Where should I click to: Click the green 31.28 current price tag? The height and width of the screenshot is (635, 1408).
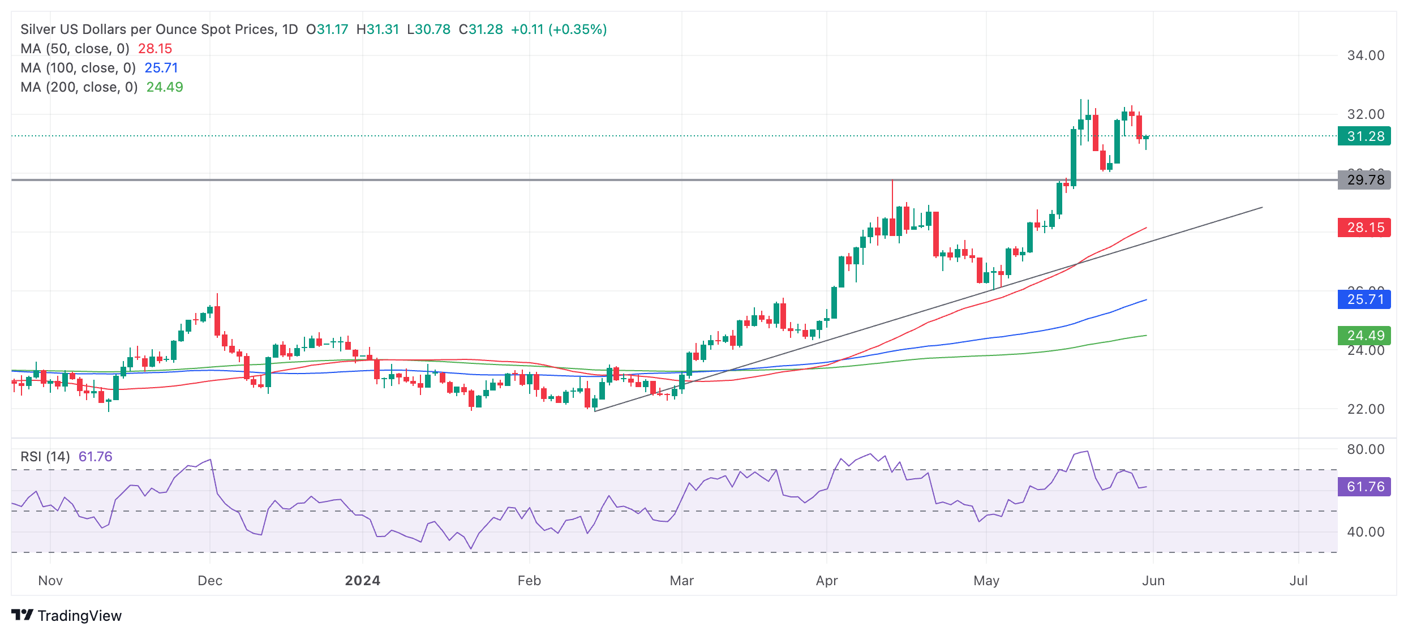1364,136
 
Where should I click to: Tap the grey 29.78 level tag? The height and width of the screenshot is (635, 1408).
1364,180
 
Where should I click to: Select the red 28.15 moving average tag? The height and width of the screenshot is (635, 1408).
1364,228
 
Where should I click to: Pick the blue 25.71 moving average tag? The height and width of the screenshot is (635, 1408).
1364,299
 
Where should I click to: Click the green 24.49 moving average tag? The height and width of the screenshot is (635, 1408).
1364,336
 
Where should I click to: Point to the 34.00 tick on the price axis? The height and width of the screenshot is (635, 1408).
1366,55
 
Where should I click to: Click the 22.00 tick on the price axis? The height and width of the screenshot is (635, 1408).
1366,409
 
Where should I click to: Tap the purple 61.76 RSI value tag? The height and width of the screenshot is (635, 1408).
1364,487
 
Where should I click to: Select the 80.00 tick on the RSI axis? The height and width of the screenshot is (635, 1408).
1366,449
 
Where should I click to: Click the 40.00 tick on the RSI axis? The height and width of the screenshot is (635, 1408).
1366,532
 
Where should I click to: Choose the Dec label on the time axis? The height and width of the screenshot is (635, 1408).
210,581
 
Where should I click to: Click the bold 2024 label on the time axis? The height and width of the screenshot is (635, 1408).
363,581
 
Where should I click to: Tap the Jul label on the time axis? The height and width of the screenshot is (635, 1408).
1298,581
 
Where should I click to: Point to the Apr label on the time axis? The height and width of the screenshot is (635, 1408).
827,581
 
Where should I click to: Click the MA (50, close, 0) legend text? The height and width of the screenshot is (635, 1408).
75,49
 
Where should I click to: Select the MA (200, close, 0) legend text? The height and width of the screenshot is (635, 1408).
79,87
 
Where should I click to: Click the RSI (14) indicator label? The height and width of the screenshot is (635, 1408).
45,457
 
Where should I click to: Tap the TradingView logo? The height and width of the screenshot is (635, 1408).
67,616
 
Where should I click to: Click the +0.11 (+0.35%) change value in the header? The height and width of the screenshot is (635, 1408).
559,29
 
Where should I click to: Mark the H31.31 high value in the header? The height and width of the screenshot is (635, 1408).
377,29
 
